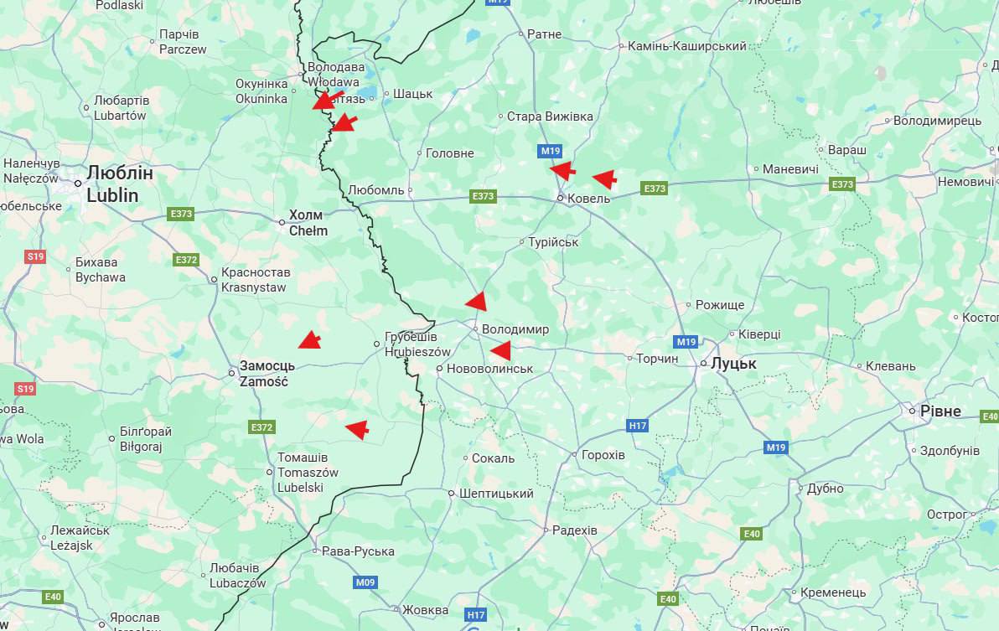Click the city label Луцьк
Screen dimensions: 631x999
point(733,364)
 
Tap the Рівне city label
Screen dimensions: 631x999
point(939,411)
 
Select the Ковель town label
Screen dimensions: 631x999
point(588,199)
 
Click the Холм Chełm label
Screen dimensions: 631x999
point(308,222)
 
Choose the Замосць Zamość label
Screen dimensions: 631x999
point(264,374)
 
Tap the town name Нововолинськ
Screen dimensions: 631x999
point(490,369)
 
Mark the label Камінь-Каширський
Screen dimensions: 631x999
point(686,46)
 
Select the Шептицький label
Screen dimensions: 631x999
point(496,494)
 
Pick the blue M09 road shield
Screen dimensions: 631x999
point(365,582)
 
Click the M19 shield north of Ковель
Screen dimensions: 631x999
point(550,151)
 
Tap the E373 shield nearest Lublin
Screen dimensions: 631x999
point(181,214)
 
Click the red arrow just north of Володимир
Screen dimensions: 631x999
point(476,302)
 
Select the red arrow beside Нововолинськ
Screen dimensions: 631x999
point(500,350)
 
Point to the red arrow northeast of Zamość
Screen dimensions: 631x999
point(309,339)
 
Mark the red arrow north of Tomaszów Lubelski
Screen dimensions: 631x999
point(358,429)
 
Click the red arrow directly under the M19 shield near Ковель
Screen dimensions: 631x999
point(562,170)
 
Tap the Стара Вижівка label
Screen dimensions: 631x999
point(550,116)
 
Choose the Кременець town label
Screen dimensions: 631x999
point(833,592)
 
